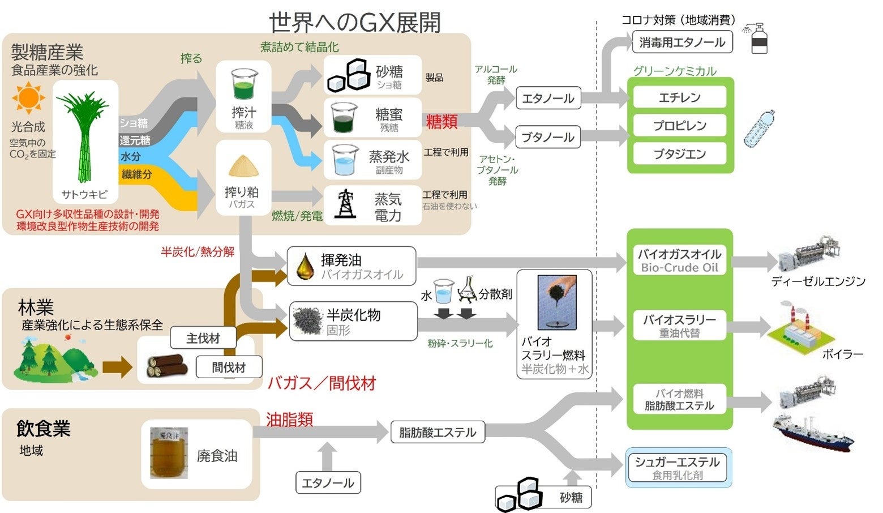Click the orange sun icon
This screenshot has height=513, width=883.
(x=28, y=98)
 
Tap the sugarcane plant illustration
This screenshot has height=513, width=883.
(x=85, y=136)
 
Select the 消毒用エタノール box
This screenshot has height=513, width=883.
(x=682, y=42)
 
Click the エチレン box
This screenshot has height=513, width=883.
(x=679, y=97)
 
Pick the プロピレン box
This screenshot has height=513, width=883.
(x=679, y=126)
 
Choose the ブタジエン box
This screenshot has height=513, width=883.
(x=679, y=154)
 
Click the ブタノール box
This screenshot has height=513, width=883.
(x=547, y=137)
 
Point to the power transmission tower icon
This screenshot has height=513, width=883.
(x=345, y=204)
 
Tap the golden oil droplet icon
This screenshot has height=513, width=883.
(x=306, y=266)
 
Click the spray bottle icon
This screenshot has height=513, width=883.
(x=757, y=39)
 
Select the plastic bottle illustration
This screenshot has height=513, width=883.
(x=759, y=130)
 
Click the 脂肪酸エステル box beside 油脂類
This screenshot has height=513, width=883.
(x=438, y=433)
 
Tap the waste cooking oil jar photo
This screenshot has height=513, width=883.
(x=169, y=453)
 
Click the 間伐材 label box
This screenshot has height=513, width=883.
(x=229, y=367)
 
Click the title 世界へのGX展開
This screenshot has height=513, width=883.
(x=354, y=23)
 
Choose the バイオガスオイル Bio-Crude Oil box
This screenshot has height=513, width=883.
(x=679, y=260)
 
